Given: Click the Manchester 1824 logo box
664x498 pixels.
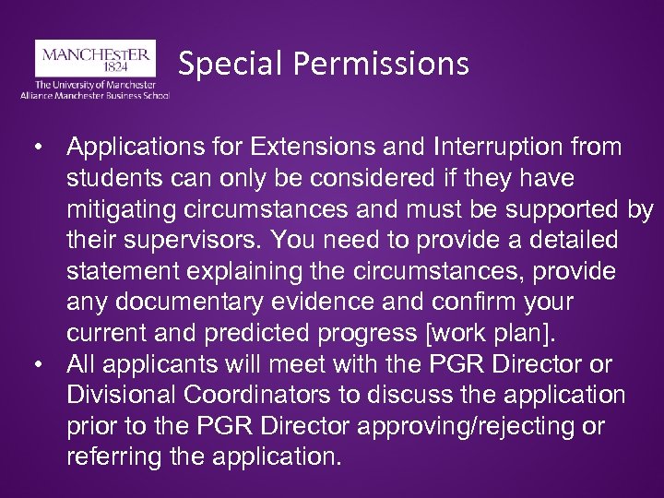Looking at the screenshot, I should tap(95, 57).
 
